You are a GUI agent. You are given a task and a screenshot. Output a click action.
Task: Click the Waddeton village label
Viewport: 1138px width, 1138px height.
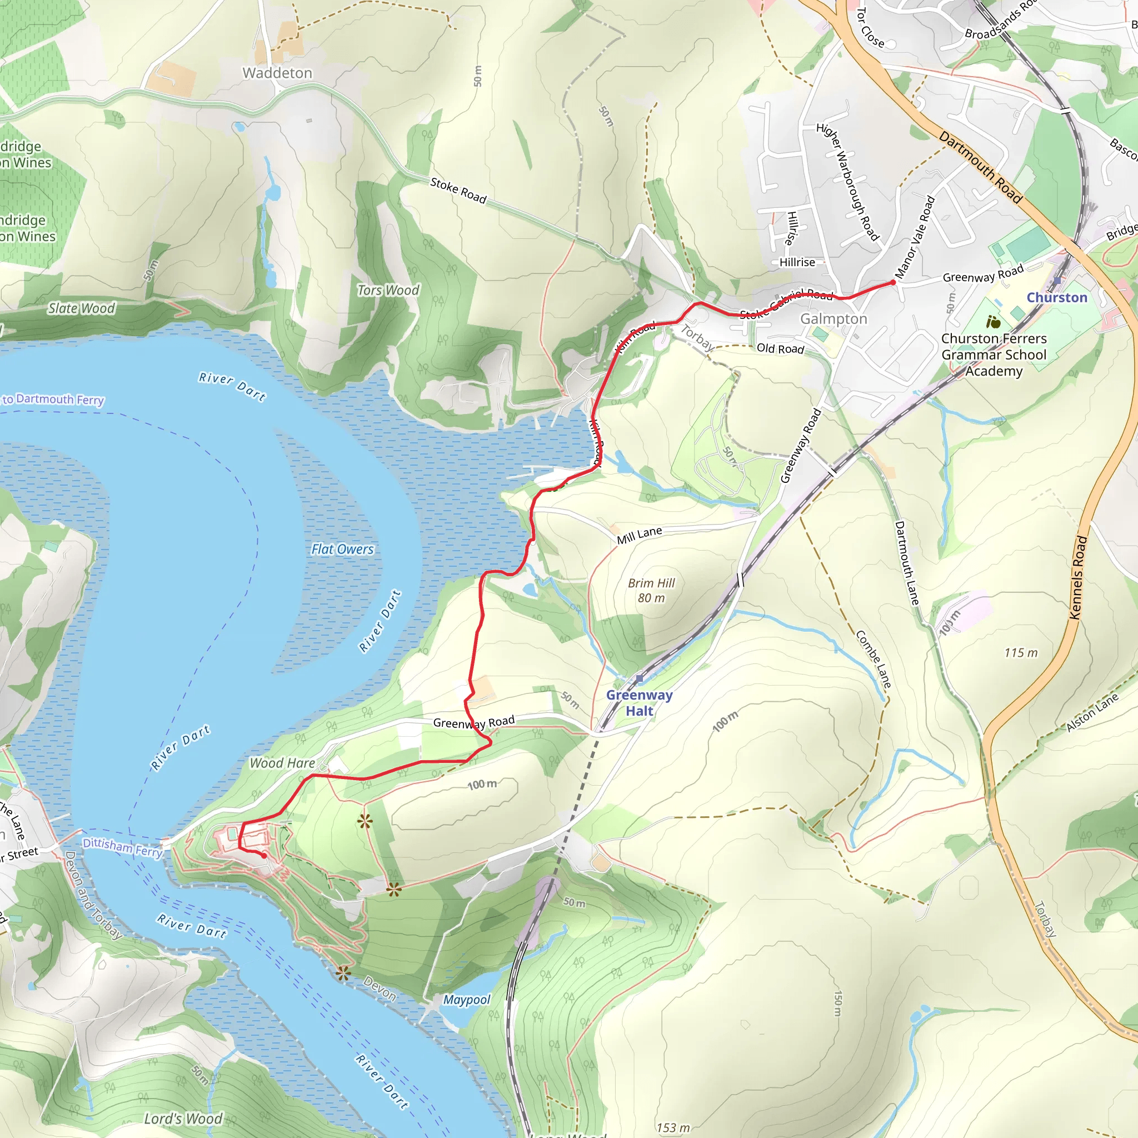(x=277, y=73)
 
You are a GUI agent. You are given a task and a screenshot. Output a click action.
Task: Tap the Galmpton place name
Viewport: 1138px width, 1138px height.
(x=833, y=318)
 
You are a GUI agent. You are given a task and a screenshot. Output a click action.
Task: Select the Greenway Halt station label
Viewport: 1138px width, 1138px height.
(x=639, y=703)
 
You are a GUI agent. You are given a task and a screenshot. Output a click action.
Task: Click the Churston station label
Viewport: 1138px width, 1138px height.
(x=1057, y=297)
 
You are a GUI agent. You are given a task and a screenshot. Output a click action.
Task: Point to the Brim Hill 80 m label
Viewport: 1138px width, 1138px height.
(x=651, y=590)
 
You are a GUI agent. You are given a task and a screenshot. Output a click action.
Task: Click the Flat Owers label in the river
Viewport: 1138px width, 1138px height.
(x=342, y=549)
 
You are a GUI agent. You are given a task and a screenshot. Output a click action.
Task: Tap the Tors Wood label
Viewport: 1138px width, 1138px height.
(x=388, y=290)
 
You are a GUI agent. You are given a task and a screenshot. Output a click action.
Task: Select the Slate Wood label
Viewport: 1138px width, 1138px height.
(x=81, y=308)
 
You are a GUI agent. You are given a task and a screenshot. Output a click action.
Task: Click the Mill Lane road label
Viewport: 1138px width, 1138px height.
(x=639, y=536)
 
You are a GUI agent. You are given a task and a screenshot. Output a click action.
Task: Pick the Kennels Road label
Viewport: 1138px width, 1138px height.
(x=1077, y=577)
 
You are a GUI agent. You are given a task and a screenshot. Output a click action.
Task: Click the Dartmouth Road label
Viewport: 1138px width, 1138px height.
(x=980, y=167)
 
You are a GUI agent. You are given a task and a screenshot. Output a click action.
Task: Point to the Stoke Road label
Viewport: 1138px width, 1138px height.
(x=458, y=191)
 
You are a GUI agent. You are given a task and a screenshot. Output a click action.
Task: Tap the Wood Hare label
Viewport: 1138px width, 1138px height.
(x=282, y=763)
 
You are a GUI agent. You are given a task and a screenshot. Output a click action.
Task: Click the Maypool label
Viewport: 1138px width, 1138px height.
(x=467, y=1000)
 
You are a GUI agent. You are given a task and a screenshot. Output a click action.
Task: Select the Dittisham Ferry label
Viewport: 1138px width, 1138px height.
(x=122, y=847)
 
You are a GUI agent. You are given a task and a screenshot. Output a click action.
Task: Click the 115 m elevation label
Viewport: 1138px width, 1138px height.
(x=1021, y=653)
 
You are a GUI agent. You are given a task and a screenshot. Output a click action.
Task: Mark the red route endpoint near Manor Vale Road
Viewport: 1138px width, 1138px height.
(x=893, y=283)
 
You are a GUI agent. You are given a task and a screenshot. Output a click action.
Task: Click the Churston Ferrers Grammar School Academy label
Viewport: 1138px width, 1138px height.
(x=994, y=355)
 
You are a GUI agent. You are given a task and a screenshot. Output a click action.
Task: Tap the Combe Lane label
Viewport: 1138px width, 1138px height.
(x=873, y=659)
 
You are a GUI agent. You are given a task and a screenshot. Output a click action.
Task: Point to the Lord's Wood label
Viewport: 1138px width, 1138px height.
(x=183, y=1119)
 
